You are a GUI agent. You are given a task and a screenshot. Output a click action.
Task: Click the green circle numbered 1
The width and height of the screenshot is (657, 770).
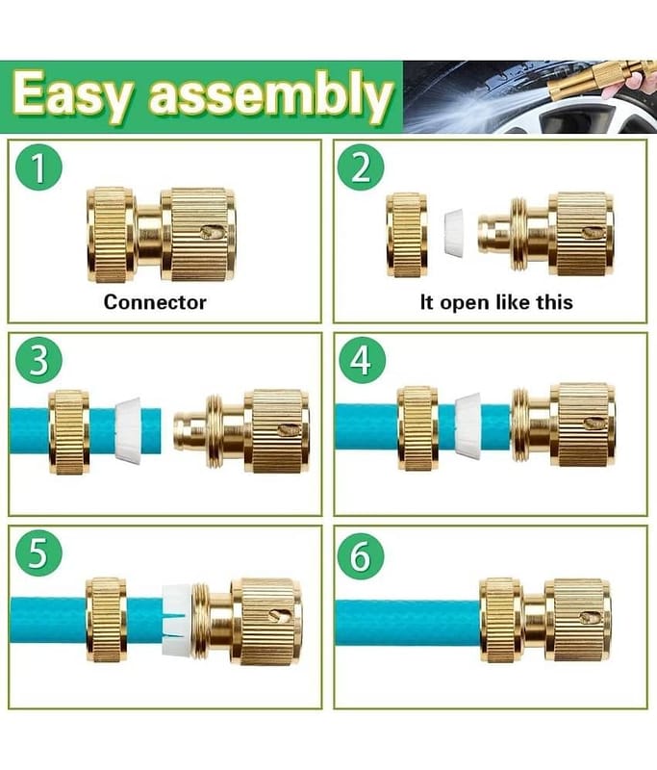coord(38,167)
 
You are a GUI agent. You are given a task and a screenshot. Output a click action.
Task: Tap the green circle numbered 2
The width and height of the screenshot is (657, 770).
coord(361,167)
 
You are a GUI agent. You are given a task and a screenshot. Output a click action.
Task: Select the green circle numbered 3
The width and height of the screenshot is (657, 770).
coord(38,361)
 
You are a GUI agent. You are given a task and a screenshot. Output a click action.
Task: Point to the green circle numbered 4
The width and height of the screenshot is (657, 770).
coord(362,361)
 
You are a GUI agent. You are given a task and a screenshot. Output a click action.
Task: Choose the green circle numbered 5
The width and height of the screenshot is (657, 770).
coord(38,554)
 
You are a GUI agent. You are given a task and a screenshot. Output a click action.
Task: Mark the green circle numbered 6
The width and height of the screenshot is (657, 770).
coord(361,555)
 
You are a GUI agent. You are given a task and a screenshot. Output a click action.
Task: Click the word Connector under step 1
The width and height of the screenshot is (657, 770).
coord(155,302)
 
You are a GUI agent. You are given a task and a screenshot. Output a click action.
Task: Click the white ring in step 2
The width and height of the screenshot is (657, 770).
coord(454,232)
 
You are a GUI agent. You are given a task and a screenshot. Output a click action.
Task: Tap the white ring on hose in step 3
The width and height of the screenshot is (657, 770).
coord(129,430)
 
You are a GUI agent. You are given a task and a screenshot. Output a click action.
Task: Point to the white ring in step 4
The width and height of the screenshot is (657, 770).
coord(467,423)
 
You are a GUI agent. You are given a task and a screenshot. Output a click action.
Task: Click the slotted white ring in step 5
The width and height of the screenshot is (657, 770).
coord(177,620)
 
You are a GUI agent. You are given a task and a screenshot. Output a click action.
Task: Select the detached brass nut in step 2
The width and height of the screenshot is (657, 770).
coord(407,235)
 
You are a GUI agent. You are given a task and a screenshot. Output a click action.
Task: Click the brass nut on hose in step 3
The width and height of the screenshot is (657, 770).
coord(69,432)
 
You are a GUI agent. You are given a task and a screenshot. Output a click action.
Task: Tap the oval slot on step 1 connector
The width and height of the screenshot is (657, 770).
coord(211,231)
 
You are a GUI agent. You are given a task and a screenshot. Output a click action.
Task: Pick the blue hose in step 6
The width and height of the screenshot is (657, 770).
coord(408,621)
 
